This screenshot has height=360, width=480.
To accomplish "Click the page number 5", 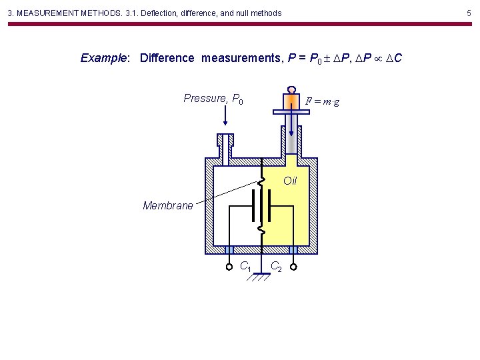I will [x=469, y=13].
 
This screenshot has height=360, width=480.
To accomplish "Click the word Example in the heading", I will [x=104, y=58].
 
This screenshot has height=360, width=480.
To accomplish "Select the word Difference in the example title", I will [x=167, y=58].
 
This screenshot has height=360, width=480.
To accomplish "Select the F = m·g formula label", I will [x=322, y=101].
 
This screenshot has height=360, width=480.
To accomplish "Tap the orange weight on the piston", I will [x=291, y=101].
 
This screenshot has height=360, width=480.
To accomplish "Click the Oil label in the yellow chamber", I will [x=290, y=181].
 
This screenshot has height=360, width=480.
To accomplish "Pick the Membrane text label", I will [x=168, y=205].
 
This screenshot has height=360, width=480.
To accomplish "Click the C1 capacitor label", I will [x=245, y=267].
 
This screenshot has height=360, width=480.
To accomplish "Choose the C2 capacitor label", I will [x=275, y=267].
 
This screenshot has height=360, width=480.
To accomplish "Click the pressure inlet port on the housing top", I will [x=225, y=143].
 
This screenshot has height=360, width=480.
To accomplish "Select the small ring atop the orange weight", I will [x=291, y=89].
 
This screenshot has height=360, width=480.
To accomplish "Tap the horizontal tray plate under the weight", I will [x=291, y=112].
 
